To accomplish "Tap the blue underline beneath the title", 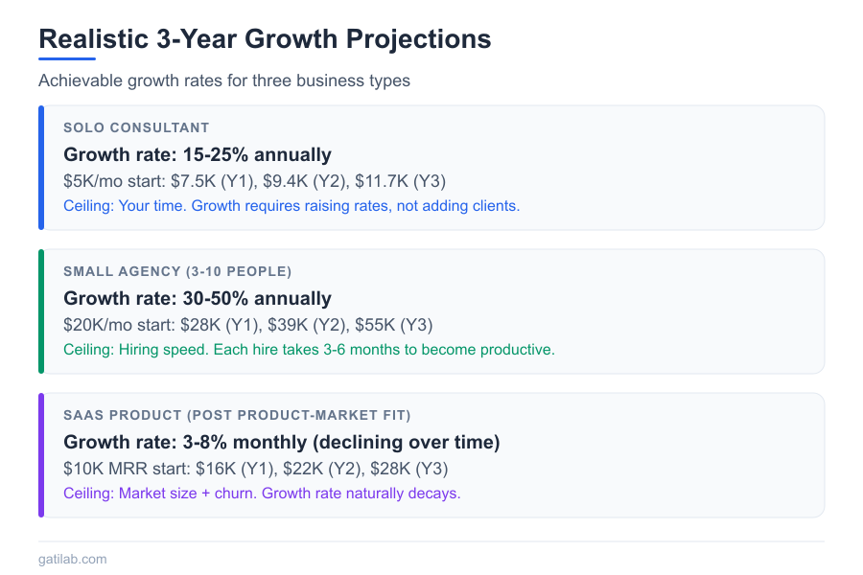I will pyautogui.click(x=67, y=59).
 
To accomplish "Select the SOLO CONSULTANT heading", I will pyautogui.click(x=136, y=127).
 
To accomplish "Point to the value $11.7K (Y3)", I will pyautogui.click(x=400, y=181).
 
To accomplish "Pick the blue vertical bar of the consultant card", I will pyautogui.click(x=41, y=168).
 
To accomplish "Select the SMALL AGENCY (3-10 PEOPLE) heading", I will pyautogui.click(x=177, y=271).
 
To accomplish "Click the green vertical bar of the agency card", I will pyautogui.click(x=41, y=311).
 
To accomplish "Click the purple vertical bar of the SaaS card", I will pyautogui.click(x=41, y=455).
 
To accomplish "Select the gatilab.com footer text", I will pyautogui.click(x=73, y=559).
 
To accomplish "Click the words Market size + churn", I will pyautogui.click(x=187, y=494).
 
